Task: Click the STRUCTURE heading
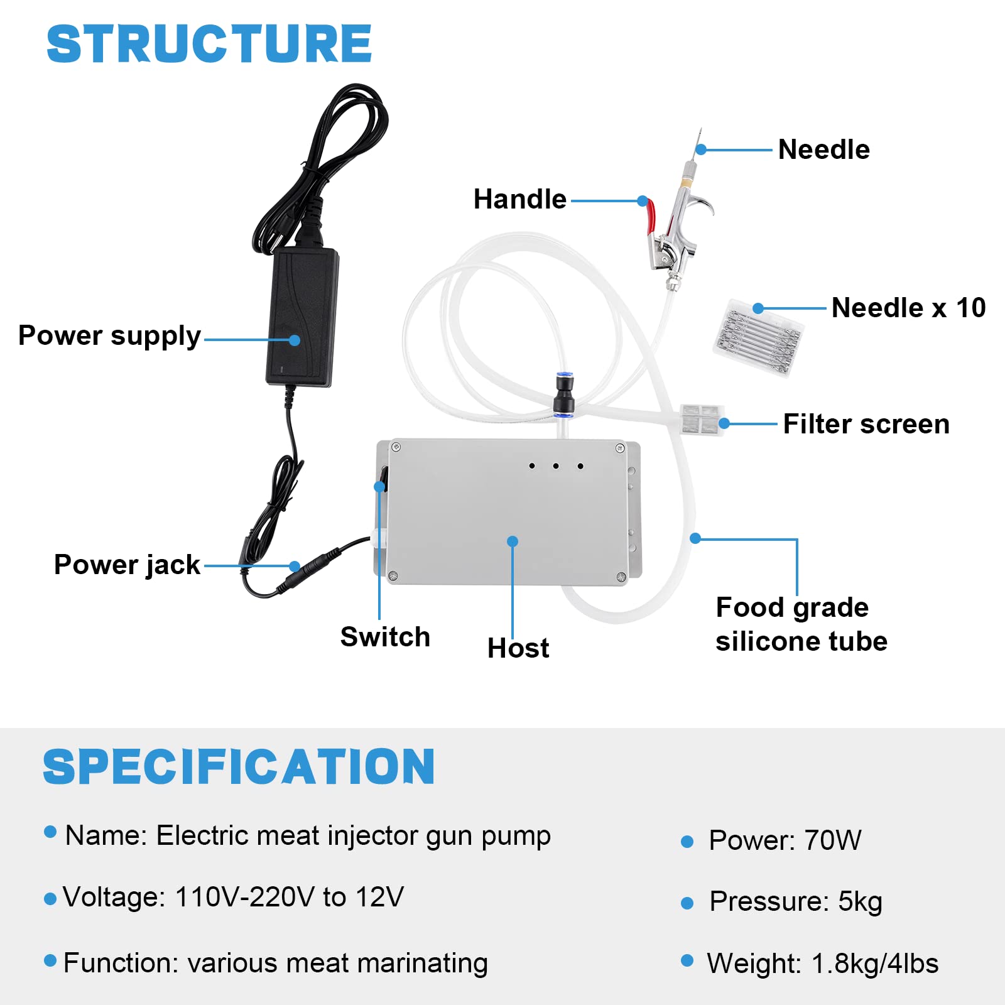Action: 209,44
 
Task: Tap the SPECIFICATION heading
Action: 239,767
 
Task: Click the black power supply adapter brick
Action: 301,317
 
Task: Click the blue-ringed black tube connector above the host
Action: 562,396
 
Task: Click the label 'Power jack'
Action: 127,565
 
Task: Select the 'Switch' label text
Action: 385,637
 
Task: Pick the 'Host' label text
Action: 518,648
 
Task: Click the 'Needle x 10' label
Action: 908,308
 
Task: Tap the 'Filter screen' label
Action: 866,424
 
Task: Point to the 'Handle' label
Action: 519,200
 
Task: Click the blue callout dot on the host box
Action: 513,541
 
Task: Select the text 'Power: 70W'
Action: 785,840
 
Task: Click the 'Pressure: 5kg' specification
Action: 796,902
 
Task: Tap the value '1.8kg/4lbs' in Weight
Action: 875,964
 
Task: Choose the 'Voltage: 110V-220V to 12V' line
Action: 233,897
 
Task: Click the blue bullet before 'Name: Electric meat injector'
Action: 51,833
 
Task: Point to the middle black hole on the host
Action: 556,466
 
